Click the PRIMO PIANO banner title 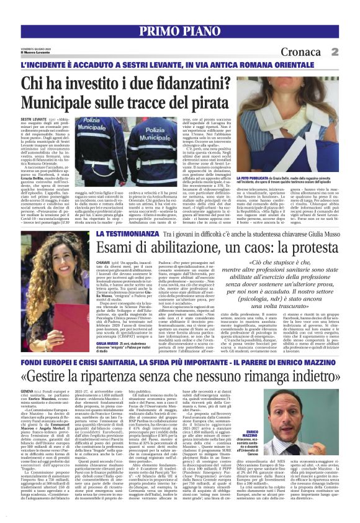coord(180,32)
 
